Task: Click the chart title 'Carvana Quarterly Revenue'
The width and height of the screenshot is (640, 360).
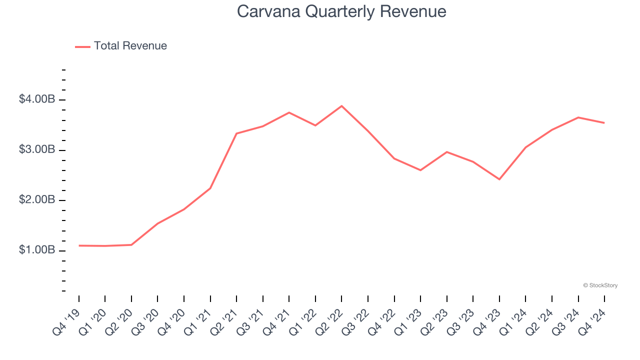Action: click(x=341, y=11)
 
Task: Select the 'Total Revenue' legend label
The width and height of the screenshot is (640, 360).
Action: click(x=130, y=46)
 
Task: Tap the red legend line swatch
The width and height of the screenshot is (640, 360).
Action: click(x=82, y=46)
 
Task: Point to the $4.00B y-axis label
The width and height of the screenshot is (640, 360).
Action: click(x=37, y=99)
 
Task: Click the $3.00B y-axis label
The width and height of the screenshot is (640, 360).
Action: click(x=37, y=149)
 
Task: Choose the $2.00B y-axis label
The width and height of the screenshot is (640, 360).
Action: click(x=37, y=200)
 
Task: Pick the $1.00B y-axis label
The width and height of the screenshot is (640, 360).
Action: click(x=37, y=250)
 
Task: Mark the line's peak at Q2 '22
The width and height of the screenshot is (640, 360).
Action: click(x=341, y=106)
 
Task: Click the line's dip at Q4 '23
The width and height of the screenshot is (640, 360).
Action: click(x=499, y=179)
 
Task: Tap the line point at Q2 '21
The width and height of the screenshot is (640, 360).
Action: click(x=236, y=133)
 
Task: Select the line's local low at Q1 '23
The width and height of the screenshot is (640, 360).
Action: click(x=420, y=170)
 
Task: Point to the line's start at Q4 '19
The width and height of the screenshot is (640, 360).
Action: click(x=79, y=245)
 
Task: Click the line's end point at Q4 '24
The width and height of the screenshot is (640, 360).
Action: click(x=604, y=123)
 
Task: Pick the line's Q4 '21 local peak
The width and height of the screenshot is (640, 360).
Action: click(x=289, y=112)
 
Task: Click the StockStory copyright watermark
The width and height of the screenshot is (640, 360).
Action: click(x=600, y=285)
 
